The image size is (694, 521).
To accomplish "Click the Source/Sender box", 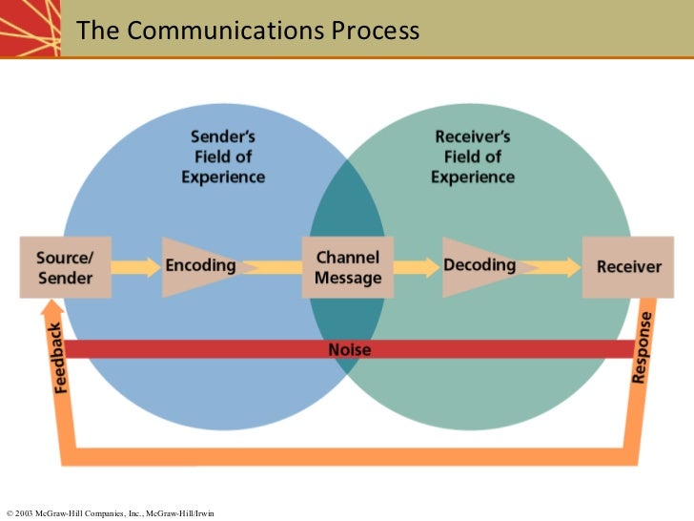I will pos(65,266).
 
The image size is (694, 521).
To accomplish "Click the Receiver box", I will pos(627,266).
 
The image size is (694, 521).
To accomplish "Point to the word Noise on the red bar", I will pos(349,349).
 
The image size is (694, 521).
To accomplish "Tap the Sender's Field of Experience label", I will pos(223,157).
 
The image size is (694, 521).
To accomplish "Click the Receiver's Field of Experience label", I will pos(472,157).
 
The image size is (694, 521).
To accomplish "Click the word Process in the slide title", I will pos(375,31).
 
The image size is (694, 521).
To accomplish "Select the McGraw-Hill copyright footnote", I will pos(110,513).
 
